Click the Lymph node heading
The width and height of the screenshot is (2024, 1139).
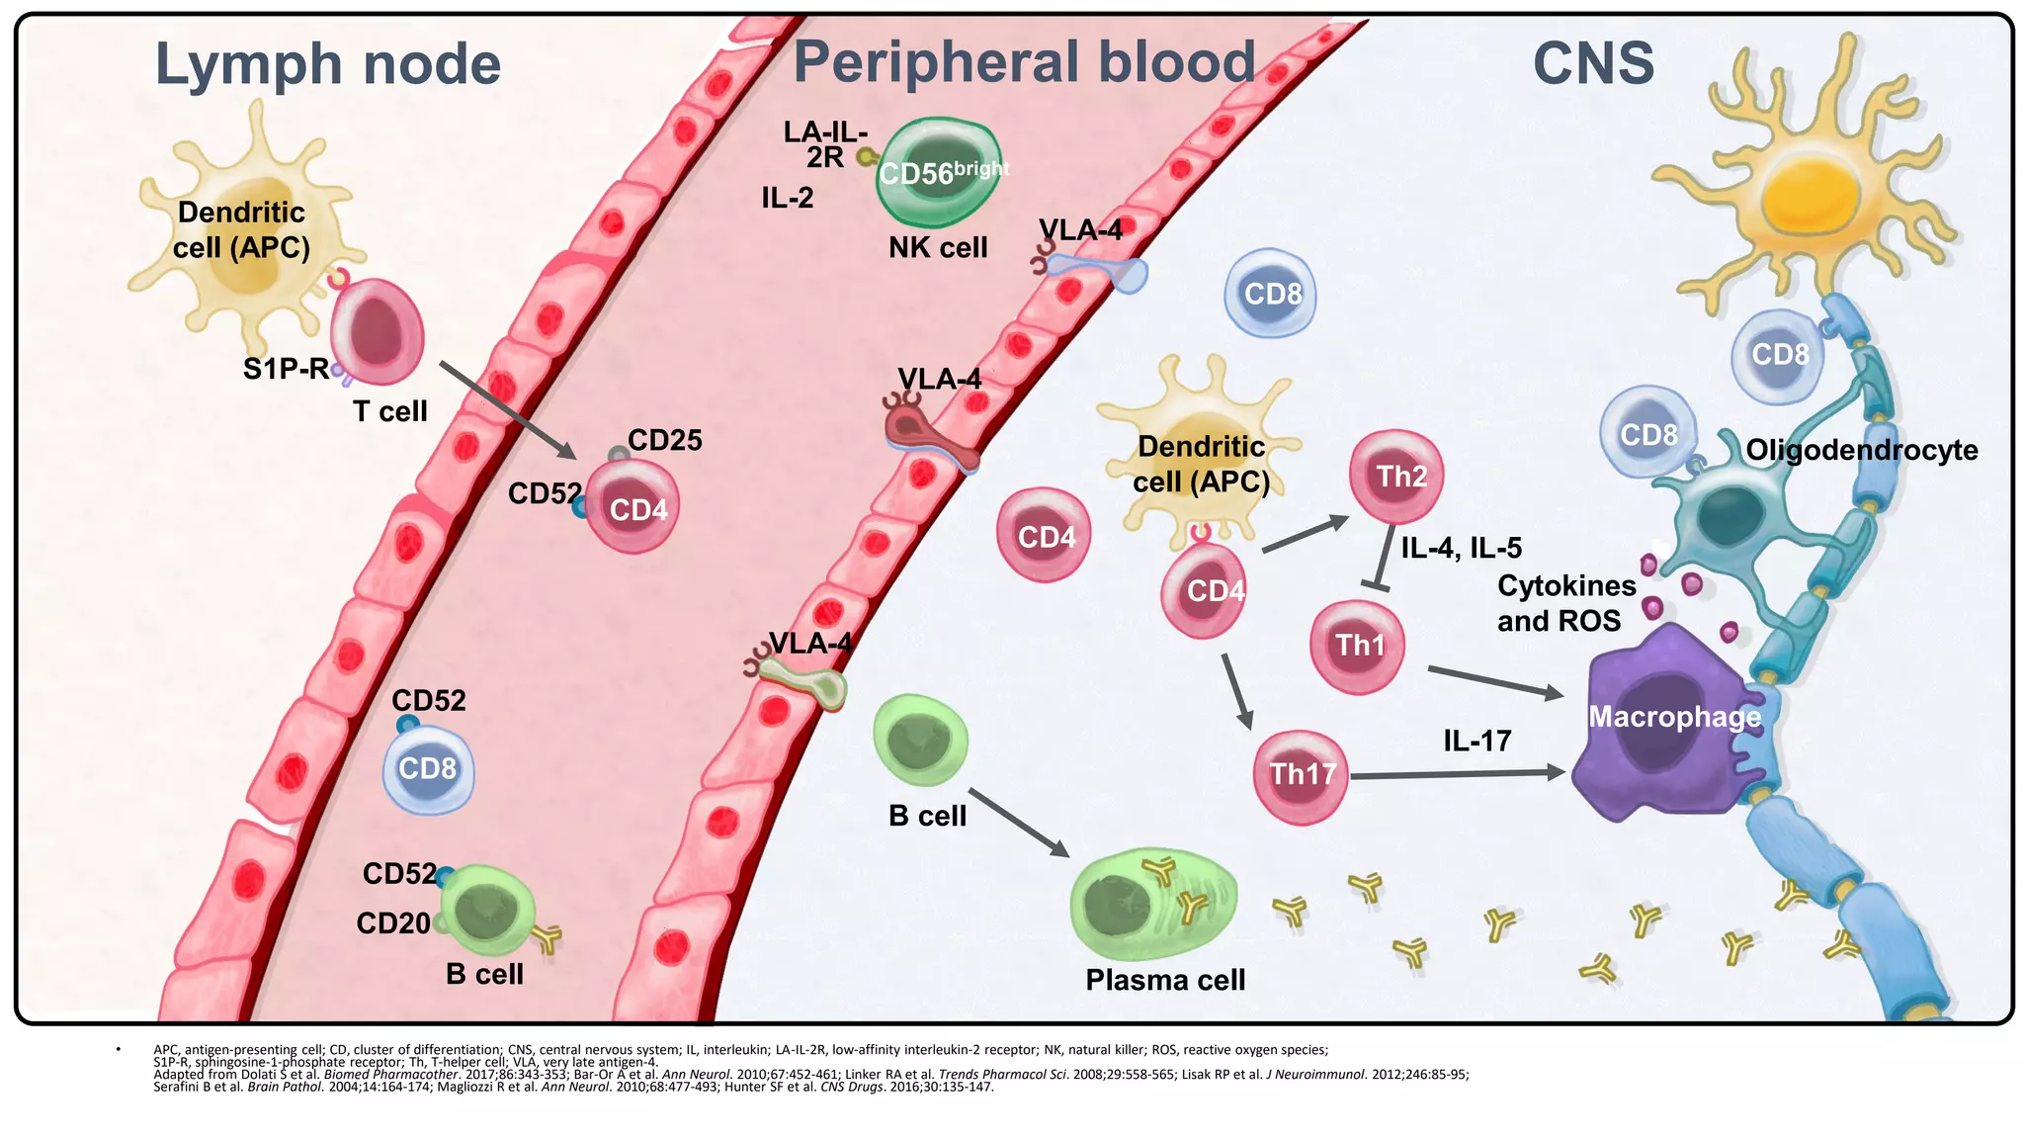coord(328,65)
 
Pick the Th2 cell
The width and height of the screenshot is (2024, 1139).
coord(1396,477)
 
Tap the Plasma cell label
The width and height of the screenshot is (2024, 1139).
coord(1165,980)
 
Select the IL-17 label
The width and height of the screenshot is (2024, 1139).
coord(1476,741)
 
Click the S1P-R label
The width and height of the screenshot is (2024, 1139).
coord(286,370)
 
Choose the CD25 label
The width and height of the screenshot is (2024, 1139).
coord(664,441)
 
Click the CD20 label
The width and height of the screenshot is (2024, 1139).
coord(393,923)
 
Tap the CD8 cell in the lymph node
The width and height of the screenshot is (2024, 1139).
coord(429,770)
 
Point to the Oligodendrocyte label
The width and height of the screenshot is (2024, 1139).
coord(1861,451)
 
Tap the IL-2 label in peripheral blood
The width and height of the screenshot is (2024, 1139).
coord(787,199)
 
